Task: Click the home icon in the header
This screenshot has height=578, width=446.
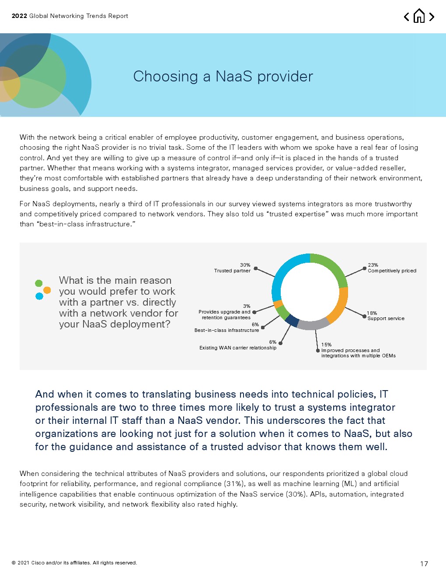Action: pyautogui.click(x=419, y=16)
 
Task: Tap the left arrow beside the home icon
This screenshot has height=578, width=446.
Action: pyautogui.click(x=407, y=17)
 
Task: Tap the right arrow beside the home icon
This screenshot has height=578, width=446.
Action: pyautogui.click(x=432, y=17)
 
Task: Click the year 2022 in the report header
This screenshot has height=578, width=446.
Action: pyautogui.click(x=19, y=16)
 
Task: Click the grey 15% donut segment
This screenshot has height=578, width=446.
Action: pyautogui.click(x=313, y=325)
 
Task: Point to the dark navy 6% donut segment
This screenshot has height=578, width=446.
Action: pyautogui.click(x=292, y=321)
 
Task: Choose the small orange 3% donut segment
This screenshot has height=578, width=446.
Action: pyautogui.click(x=278, y=304)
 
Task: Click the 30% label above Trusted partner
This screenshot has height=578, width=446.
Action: pyautogui.click(x=245, y=265)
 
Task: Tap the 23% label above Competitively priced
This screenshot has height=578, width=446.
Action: pyautogui.click(x=373, y=265)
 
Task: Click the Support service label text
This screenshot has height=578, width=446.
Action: pyautogui.click(x=386, y=319)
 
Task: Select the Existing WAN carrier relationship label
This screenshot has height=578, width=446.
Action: pyautogui.click(x=238, y=348)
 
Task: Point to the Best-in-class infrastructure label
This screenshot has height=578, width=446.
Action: pyautogui.click(x=226, y=331)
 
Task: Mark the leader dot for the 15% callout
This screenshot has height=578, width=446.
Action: pyautogui.click(x=318, y=351)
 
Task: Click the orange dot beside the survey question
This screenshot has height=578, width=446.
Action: pyautogui.click(x=47, y=290)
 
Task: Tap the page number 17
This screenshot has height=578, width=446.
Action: pyautogui.click(x=424, y=564)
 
